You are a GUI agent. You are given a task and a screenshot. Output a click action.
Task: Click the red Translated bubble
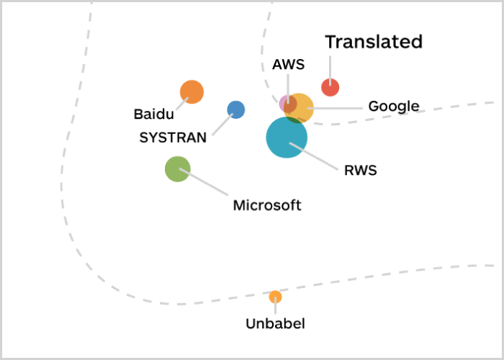coord(330,87)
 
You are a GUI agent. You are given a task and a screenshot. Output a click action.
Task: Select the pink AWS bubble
coord(284,102)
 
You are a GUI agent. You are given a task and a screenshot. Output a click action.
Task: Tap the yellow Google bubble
coord(302,107)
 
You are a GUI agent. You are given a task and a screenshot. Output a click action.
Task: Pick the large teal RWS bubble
coord(287,137)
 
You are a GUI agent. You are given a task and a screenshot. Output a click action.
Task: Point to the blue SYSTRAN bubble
coord(235,109)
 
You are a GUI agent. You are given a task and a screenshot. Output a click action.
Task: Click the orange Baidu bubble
coord(192,92)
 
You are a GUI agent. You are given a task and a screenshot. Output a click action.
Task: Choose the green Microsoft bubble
coord(177,169)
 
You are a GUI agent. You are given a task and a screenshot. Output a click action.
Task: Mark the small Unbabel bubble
coord(275,297)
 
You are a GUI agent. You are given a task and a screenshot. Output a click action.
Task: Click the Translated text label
coord(373,42)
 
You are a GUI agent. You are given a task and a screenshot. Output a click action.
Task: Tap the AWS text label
coord(288,64)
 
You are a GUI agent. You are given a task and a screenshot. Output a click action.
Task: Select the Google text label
coord(393,107)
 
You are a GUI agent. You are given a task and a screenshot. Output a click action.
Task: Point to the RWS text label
coord(360,171)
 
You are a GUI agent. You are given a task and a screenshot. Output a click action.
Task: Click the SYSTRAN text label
coord(173,137)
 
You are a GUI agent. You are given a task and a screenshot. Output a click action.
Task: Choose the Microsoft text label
coord(266,205)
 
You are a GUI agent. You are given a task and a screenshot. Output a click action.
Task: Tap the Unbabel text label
coord(275,324)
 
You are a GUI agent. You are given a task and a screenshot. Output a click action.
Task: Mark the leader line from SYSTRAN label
coord(220,124)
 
